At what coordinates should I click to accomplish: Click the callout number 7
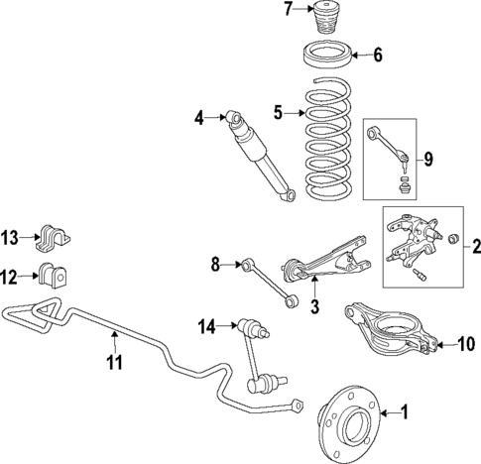289,11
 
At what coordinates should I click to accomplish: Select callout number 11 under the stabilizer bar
115,363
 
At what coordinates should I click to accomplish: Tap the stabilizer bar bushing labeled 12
53,279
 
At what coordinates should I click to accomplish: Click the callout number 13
9,238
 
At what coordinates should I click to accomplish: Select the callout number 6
378,55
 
